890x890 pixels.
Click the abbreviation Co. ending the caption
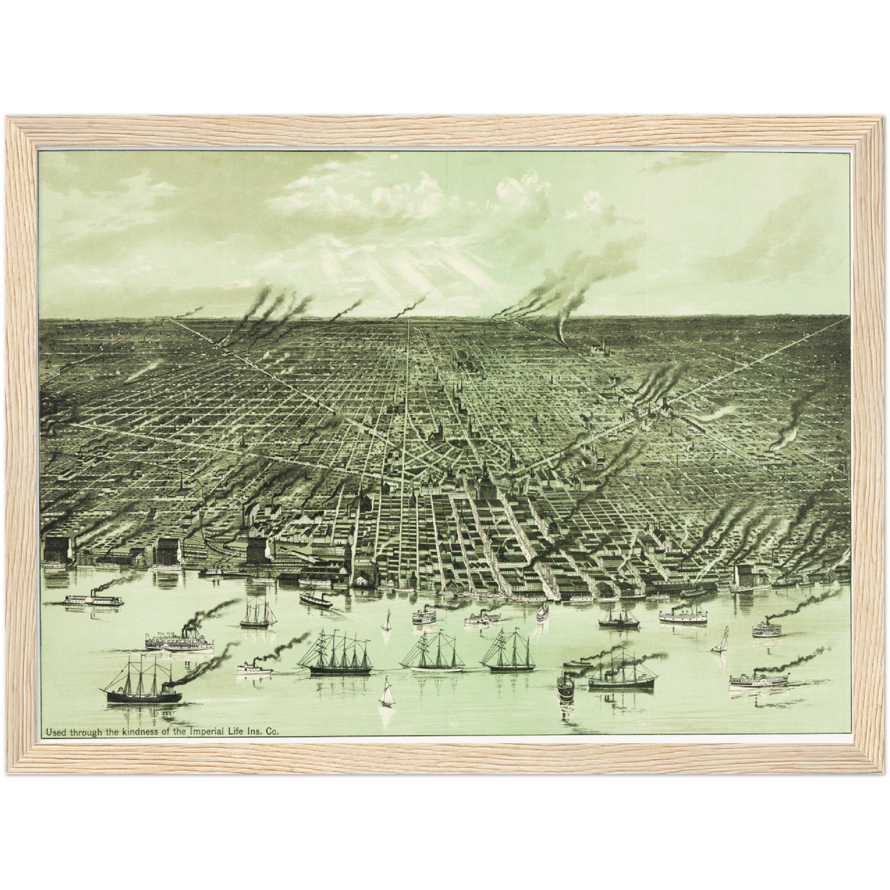(x=273, y=732)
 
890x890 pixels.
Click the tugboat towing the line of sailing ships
(x=254, y=667)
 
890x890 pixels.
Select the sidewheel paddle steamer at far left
(x=86, y=600)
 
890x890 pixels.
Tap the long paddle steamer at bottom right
(x=759, y=680)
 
